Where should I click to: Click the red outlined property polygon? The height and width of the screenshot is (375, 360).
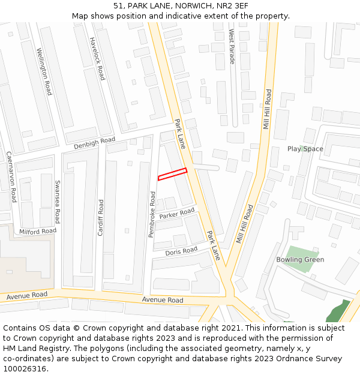pos(172,174)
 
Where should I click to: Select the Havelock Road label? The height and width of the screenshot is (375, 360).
pos(97,58)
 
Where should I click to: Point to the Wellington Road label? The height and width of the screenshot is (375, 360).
pos(44,71)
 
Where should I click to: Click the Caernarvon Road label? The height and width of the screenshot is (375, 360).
pos(11,176)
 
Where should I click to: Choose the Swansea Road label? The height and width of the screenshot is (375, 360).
pos(58,201)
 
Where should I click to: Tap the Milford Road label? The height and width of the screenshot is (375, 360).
pos(38,231)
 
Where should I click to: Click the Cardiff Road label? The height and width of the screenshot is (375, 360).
pos(100,217)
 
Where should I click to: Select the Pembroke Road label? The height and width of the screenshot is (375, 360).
pos(152,214)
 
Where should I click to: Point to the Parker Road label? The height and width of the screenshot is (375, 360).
pos(177,214)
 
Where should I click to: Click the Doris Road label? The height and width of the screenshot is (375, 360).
pos(181,251)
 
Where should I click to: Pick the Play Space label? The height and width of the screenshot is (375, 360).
pos(305,149)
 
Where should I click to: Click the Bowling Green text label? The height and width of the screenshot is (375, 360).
pos(300,260)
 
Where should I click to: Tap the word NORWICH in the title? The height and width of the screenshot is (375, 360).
pos(193,6)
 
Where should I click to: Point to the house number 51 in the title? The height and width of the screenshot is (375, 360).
pos(118,6)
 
